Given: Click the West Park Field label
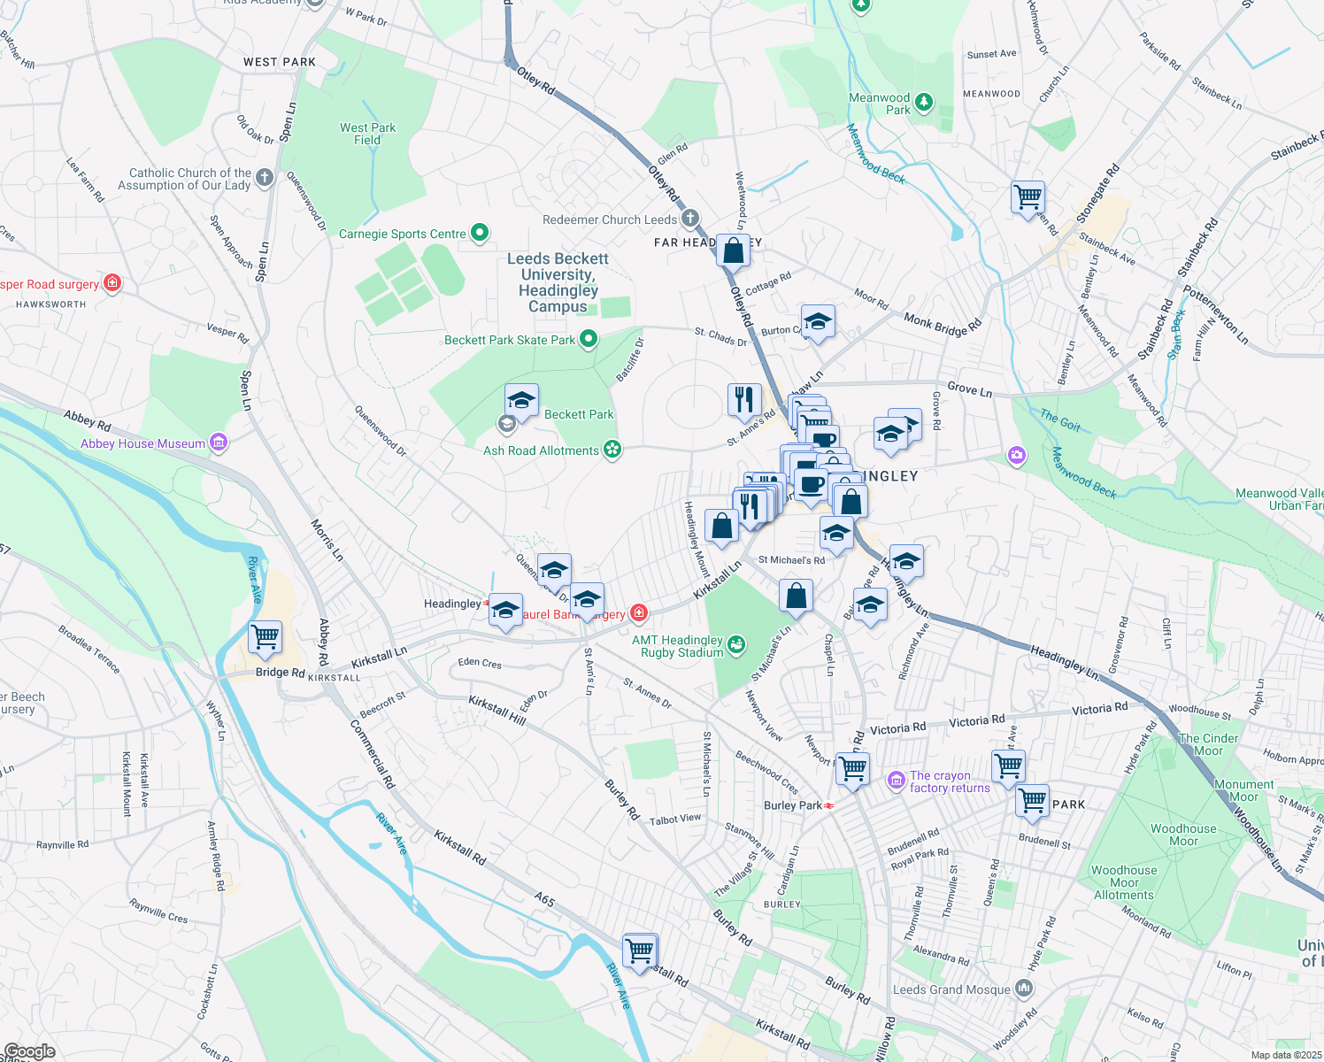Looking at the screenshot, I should click(x=367, y=134).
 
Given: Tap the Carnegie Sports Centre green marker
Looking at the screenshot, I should click(x=480, y=234).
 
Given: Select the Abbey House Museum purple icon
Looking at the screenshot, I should click(x=219, y=442).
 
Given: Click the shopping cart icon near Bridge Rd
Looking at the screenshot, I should click(x=266, y=636).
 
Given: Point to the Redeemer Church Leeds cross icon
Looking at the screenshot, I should click(x=689, y=219).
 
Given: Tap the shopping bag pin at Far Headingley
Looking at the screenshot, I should click(x=734, y=251).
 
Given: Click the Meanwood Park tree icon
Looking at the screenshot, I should click(x=924, y=103).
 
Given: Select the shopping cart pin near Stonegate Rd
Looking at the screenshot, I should click(x=1028, y=196).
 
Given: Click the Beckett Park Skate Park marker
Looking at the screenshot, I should click(x=588, y=340).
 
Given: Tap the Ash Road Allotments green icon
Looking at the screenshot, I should click(x=612, y=450).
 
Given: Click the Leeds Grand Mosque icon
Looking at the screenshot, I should click(x=1024, y=988).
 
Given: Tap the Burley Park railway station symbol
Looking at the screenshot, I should click(x=829, y=805).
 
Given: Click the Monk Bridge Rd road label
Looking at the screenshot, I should click(x=943, y=325).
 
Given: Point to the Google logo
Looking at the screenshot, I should click(x=29, y=1051).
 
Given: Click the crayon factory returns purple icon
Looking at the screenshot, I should click(x=897, y=780).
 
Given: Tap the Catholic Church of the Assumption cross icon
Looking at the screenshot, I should click(x=265, y=179).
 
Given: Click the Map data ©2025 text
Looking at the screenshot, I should click(x=1286, y=1055).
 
